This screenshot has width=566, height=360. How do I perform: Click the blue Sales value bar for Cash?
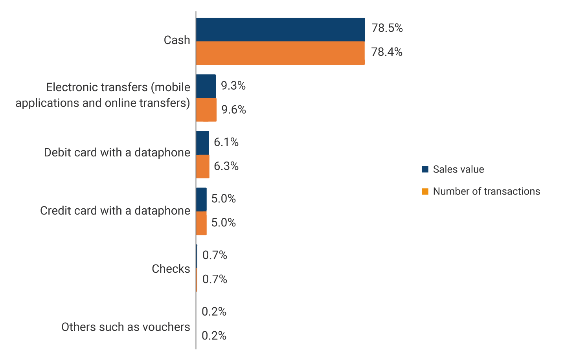tap(280, 29)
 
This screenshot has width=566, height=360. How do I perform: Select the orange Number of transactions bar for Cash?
tap(280, 53)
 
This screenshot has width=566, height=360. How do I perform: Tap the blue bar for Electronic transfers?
tap(206, 86)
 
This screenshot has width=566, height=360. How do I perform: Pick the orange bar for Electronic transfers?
tap(206, 110)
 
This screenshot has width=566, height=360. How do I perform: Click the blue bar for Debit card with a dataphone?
tap(202, 143)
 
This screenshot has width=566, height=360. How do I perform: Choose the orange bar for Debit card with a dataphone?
tap(203, 166)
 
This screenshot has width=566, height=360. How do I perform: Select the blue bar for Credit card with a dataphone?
tap(201, 199)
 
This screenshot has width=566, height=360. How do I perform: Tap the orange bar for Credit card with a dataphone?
tap(201, 223)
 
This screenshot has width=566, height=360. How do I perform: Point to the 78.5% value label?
tap(387, 28)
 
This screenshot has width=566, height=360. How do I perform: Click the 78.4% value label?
tap(387, 52)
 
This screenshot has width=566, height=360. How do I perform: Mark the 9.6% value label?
tap(233, 110)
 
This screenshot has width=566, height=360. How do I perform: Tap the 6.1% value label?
tap(226, 142)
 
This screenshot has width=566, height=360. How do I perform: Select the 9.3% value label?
tap(233, 86)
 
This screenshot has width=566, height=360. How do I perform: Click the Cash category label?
tap(177, 40)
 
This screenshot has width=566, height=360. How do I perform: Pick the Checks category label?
tap(171, 269)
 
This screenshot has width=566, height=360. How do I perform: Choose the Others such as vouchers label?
tap(125, 327)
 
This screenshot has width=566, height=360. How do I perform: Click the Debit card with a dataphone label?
tap(117, 152)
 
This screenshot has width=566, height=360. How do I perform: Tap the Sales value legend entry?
tap(458, 169)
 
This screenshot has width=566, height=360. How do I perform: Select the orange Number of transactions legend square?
tap(425, 191)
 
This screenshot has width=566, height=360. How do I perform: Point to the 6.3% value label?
tap(226, 166)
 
